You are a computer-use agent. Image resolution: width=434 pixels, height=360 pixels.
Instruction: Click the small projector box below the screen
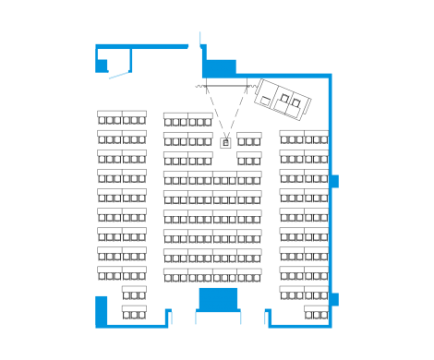coord(226,143)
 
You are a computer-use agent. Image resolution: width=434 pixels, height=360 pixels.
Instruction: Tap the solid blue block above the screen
coord(219,68)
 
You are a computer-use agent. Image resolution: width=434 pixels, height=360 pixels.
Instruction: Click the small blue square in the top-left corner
coord(102,66)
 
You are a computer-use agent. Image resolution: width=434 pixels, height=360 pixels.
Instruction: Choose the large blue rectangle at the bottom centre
coord(219,299)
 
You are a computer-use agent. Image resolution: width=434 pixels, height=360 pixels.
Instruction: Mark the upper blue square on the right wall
coord(333,181)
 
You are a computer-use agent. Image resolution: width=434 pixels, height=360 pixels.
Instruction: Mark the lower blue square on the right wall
coord(333,299)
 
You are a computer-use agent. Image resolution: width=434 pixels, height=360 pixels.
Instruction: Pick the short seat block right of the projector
coord(249,138)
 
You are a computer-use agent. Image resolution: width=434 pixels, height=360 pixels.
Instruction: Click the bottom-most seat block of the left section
coord(134,312)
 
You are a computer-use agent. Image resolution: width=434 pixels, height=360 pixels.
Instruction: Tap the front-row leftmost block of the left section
coord(110,117)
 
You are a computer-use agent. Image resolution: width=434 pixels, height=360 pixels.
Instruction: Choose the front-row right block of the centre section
coord(200,119)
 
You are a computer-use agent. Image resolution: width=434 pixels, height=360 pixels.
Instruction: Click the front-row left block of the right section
coord(292,137)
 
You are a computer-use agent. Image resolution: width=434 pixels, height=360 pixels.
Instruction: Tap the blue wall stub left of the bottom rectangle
coord(169,317)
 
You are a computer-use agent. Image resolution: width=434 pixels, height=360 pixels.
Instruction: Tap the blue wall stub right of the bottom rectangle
coord(269,317)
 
